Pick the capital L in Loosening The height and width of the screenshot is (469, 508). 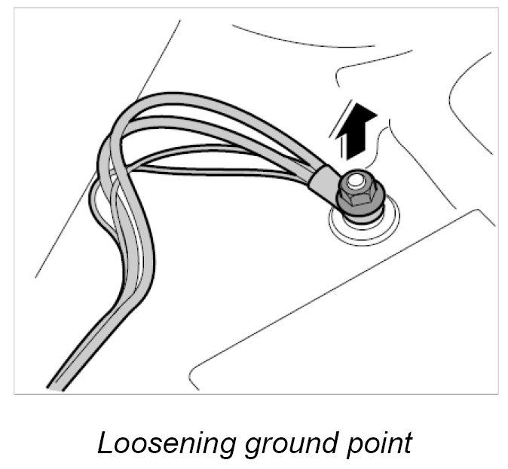pyautogui.click(x=106, y=442)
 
